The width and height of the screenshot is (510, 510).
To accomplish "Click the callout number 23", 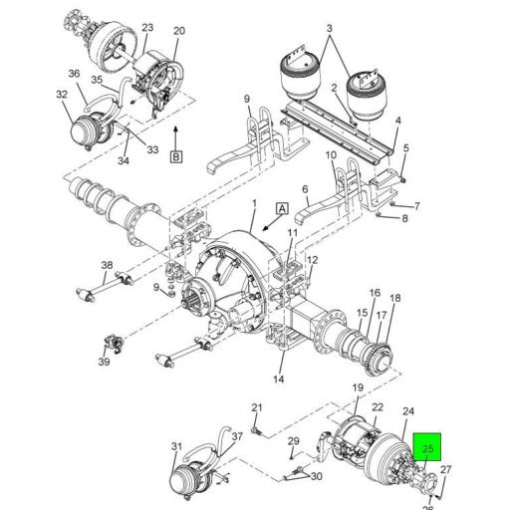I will pos(147,27).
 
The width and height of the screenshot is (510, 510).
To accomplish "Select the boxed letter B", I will pos(176,156).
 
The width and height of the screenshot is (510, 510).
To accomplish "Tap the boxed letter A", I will pos(282,208).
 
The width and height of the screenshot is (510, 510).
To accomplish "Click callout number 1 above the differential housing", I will pos(253,204).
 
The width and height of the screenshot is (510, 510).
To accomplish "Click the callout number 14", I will pos(279,379).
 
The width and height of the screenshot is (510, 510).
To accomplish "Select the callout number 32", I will pos(62,95).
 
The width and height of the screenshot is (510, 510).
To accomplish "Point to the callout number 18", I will pos(394,299).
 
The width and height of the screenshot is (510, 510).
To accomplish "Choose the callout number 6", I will pos(305,188).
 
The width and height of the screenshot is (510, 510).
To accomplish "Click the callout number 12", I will pos(312,261).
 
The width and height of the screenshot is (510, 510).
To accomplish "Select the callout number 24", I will pos(408,412).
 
